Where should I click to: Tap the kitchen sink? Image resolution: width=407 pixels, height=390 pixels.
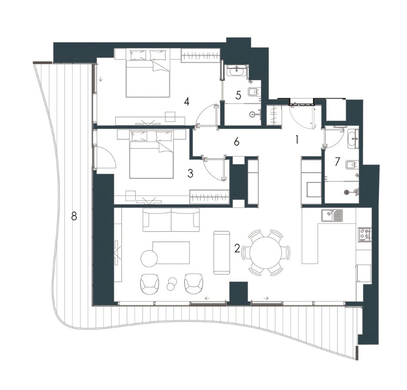tap(332, 216)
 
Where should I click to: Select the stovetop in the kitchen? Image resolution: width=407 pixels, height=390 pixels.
tap(365, 234)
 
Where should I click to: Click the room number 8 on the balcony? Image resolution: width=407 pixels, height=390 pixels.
tap(74, 216)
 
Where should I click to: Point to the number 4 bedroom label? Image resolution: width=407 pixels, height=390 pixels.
tap(187, 102)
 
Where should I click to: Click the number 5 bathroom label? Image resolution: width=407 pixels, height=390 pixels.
tap(238, 95)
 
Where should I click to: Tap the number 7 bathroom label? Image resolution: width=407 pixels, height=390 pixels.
tap(337, 161)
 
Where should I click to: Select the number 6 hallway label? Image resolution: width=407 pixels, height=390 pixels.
tap(237, 142)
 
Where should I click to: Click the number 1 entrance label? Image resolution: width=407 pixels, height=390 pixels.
tap(297, 140)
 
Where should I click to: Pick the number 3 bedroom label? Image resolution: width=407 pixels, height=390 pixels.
tap(190, 174)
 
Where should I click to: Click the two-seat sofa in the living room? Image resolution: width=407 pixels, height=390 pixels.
tap(171, 220)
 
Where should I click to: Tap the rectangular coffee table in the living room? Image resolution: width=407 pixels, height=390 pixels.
tap(171, 253)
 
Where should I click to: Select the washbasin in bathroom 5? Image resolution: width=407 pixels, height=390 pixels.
tap(236, 71)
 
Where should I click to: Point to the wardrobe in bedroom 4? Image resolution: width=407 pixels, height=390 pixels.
tap(200, 56)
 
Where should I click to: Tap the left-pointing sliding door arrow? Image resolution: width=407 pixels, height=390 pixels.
tap(207, 298)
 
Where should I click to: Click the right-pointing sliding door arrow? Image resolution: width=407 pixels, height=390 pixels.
tap(266, 298)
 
